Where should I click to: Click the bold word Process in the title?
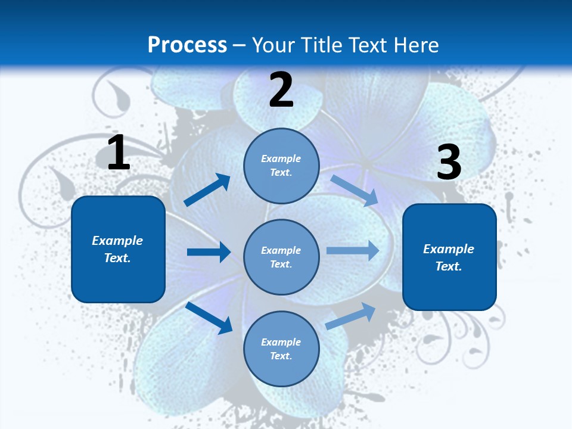click(x=187, y=45)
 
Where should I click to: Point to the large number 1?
click(x=119, y=153)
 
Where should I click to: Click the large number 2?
click(x=281, y=90)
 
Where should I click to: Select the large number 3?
click(x=449, y=163)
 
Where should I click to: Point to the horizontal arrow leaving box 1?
click(x=209, y=252)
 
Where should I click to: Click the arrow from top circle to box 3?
click(x=354, y=191)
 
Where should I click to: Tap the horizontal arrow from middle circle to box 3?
click(x=353, y=250)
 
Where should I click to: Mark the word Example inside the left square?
click(x=117, y=241)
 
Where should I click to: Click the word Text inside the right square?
click(x=448, y=267)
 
